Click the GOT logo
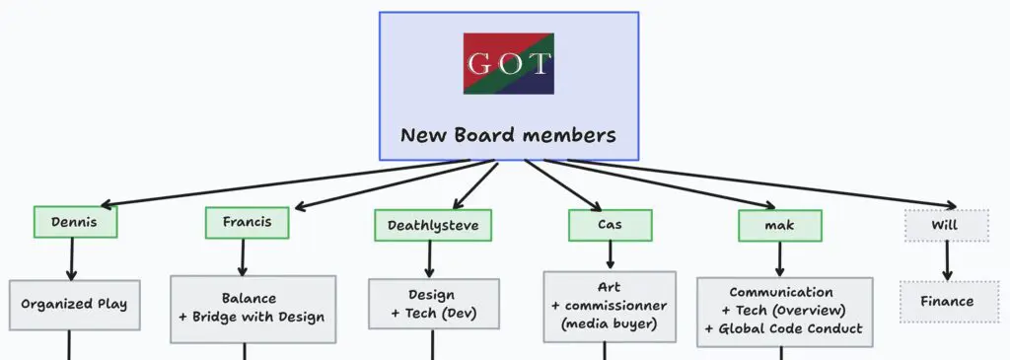coord(508,64)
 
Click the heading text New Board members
coord(508,135)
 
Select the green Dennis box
coord(75,222)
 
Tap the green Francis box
coord(247,222)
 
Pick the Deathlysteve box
coord(433,226)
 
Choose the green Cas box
coord(610,226)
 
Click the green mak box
coord(779,226)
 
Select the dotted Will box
coord(947,226)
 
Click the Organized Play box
coord(74,305)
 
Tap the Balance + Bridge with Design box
coord(252,309)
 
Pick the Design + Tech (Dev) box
coord(434,304)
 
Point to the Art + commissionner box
coord(610,306)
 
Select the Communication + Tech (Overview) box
coord(784,312)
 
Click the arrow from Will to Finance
coord(947,260)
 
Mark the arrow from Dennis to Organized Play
coord(71,258)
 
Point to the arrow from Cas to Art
coord(610,255)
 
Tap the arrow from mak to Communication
coord(779,259)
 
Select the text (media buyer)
coord(610,324)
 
